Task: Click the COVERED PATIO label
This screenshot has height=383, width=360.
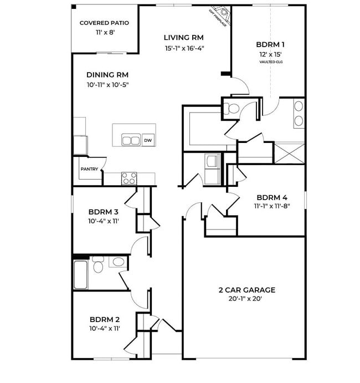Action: coord(104,23)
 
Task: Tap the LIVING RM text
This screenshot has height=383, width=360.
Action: coord(183,38)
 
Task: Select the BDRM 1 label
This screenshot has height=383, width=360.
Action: coord(270,44)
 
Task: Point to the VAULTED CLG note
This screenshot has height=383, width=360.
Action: coord(270,62)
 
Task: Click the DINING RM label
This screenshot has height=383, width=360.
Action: coord(107,75)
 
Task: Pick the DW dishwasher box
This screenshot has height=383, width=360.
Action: coord(148,141)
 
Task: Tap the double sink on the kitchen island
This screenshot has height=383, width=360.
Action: coord(131,140)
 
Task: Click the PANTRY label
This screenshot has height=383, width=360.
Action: coord(89,170)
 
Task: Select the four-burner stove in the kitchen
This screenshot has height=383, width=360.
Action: coord(129,178)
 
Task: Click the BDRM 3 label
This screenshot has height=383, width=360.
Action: coord(104,211)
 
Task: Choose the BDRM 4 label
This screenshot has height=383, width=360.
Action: coord(271,197)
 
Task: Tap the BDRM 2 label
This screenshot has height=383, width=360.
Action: coord(105,319)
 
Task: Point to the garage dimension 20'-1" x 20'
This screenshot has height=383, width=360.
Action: coord(245,299)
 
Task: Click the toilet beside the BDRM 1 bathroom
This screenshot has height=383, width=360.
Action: coord(232,109)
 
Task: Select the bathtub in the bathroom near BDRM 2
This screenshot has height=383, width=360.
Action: coord(81,273)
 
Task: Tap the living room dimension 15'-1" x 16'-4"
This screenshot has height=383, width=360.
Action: coord(184,48)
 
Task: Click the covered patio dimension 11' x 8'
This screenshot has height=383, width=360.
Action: coord(104,33)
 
